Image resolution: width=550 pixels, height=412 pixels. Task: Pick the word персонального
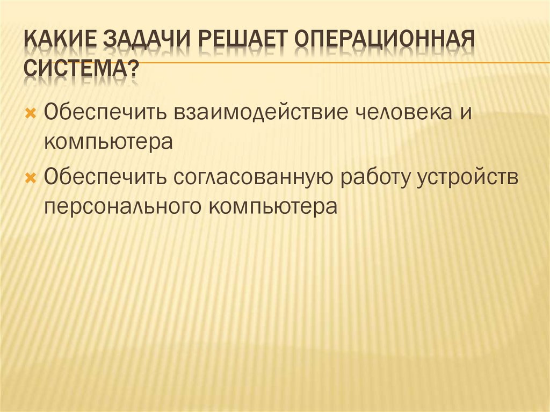[121, 207]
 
